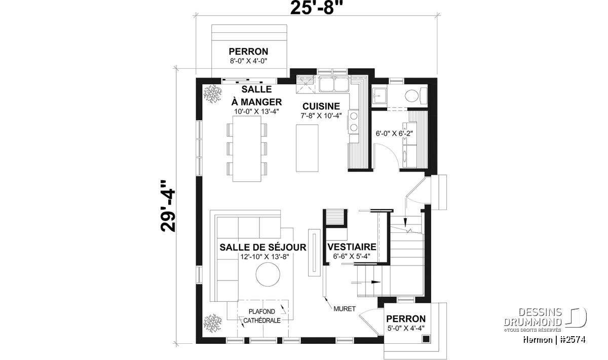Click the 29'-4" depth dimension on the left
[x=168, y=206]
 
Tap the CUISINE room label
[x=321, y=106]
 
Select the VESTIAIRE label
[x=352, y=247]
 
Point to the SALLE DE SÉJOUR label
[x=263, y=247]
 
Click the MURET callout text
[x=345, y=309]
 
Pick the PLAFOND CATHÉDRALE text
[x=262, y=316]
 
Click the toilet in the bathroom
[x=416, y=96]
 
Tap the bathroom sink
[x=379, y=96]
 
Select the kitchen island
[x=307, y=148]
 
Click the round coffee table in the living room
[x=268, y=274]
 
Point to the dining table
[x=247, y=149]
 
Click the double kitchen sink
[x=334, y=84]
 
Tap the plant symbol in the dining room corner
[x=212, y=94]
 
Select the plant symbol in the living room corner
[x=212, y=324]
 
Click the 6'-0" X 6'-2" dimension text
[x=394, y=134]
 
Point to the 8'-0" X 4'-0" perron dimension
[x=249, y=61]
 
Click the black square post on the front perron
[x=426, y=339]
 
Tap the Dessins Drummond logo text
[x=533, y=317]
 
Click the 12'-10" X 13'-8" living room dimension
[x=264, y=257]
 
